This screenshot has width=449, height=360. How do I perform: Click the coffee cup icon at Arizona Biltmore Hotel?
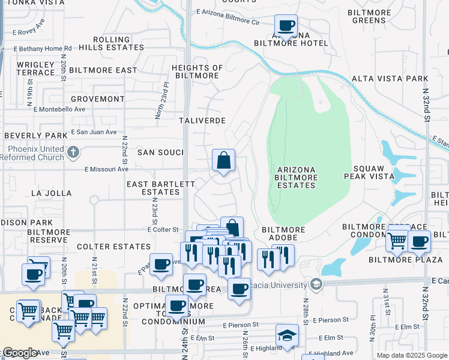tap(286, 26)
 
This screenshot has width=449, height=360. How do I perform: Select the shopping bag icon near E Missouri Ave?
tap(223, 161)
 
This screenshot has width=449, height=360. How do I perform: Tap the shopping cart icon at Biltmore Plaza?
tap(397, 241)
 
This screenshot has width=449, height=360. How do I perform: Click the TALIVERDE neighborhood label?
tap(202, 120)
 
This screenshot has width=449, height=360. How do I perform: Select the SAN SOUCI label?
tap(160, 152)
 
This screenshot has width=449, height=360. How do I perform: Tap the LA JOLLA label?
tap(51, 193)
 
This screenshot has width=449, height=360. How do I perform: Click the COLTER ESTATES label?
tap(113, 247)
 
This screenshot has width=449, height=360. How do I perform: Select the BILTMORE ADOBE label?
tap(284, 234)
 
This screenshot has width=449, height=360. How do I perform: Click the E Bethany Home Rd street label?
tap(42, 48)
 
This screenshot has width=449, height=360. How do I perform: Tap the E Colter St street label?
tap(163, 229)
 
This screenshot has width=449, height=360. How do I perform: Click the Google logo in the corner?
tap(19, 353)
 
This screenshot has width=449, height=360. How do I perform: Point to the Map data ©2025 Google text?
tap(411, 355)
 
